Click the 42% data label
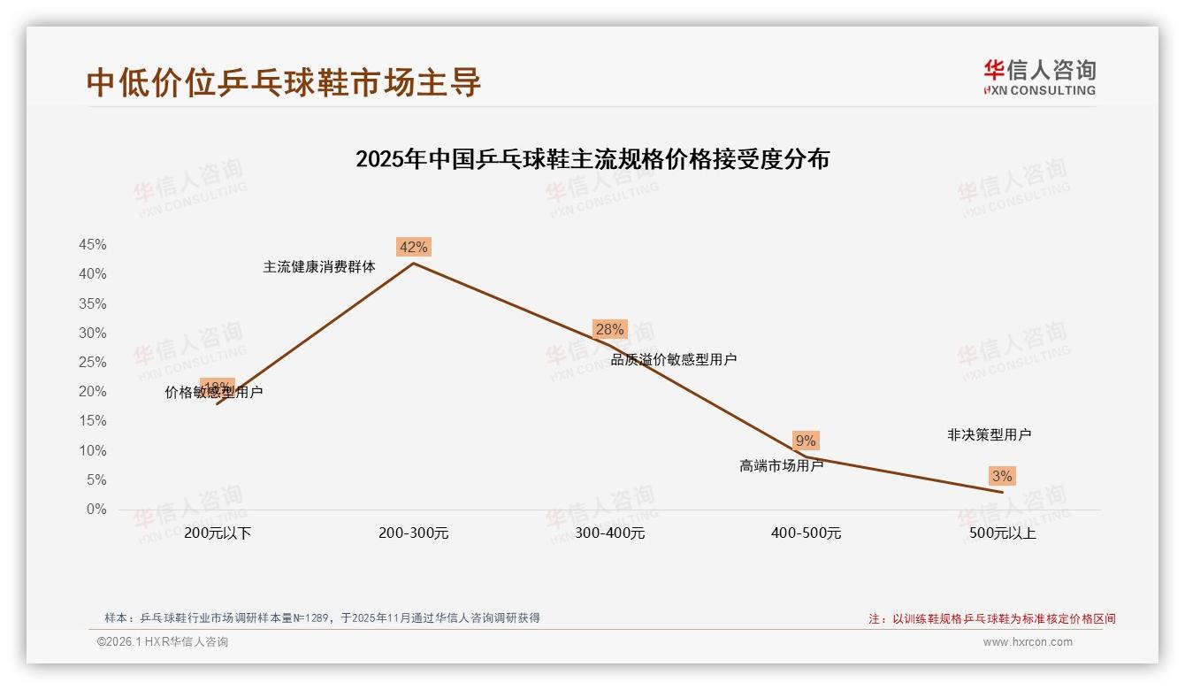pyautogui.click(x=413, y=247)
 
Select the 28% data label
pyautogui.click(x=609, y=329)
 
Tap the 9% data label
pyautogui.click(x=806, y=441)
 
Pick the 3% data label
pyautogui.click(x=1001, y=476)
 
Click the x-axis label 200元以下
pyautogui.click(x=218, y=533)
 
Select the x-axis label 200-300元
pyautogui.click(x=414, y=533)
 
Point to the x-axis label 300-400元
pyautogui.click(x=610, y=533)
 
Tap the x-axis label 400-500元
pyautogui.click(x=806, y=533)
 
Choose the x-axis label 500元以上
pyautogui.click(x=1002, y=533)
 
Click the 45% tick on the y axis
pyautogui.click(x=93, y=245)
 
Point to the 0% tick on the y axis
pyautogui.click(x=96, y=510)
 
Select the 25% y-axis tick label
pyautogui.click(x=93, y=363)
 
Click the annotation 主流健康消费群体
pyautogui.click(x=319, y=266)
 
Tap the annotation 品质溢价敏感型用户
pyautogui.click(x=674, y=359)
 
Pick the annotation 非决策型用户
pyautogui.click(x=989, y=434)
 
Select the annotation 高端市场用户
pyautogui.click(x=782, y=465)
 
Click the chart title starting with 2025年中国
pyautogui.click(x=592, y=159)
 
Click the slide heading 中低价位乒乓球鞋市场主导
pyautogui.click(x=284, y=82)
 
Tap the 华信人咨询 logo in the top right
pyautogui.click(x=1039, y=77)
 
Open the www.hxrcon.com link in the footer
pyautogui.click(x=1028, y=642)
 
